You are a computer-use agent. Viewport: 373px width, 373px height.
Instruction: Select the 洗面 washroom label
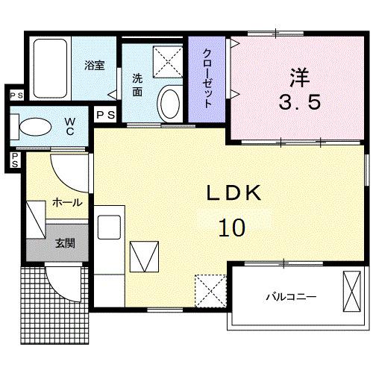(138, 84)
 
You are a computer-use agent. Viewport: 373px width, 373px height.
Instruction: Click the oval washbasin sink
(171, 102)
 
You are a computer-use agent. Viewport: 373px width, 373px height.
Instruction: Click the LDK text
(233, 193)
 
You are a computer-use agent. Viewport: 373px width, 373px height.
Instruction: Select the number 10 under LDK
(233, 227)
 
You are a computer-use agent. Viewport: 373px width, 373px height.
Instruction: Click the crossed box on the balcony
(351, 292)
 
